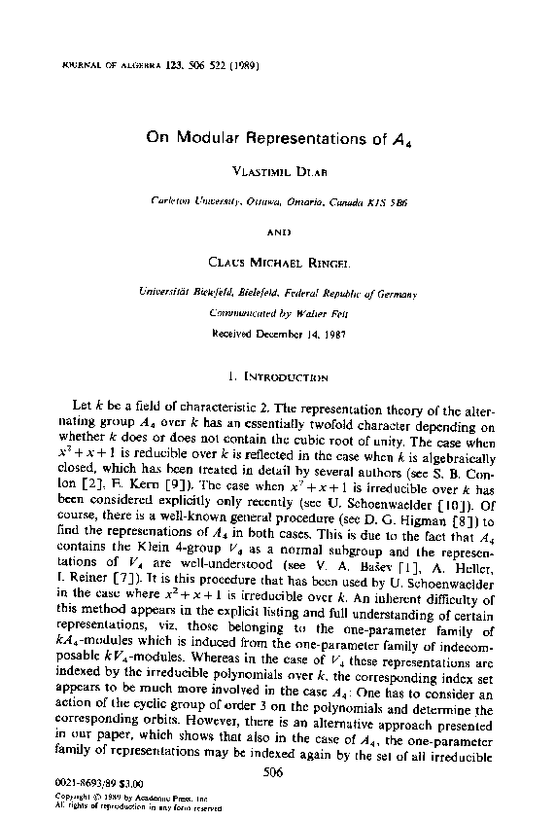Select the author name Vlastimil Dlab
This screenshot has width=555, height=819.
coord(276,168)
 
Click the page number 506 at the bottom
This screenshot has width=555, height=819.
coord(275,770)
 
